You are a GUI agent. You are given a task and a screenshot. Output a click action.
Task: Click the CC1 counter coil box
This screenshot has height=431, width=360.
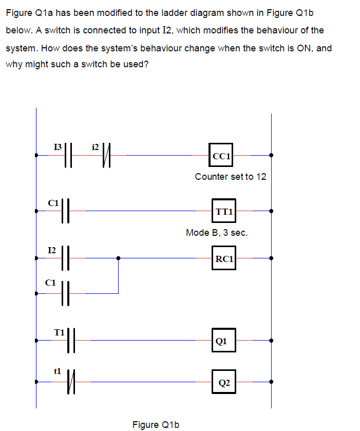pos(221,155)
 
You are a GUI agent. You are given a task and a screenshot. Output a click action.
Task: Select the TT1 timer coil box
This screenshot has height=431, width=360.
pos(224,211)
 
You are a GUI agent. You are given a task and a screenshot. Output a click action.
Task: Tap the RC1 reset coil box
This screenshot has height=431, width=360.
pos(224,258)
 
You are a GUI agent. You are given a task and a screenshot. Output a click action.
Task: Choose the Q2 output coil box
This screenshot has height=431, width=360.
pos(223,382)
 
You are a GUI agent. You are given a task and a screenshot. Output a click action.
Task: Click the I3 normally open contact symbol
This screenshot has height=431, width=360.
pos(70,155)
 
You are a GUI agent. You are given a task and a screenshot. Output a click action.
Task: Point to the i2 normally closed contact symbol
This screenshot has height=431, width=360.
pos(107,155)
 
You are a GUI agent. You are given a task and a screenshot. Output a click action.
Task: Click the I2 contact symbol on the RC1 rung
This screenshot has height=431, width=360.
pos(65,258)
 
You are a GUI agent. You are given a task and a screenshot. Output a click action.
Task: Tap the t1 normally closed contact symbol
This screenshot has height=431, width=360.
pos(72,382)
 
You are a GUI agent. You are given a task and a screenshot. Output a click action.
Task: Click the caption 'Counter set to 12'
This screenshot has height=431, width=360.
pos(231,177)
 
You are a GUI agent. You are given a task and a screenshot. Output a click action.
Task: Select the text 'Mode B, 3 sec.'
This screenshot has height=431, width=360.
pos(217,233)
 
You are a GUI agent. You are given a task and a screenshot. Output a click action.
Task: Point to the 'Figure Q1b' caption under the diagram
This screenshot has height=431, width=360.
pos(156,424)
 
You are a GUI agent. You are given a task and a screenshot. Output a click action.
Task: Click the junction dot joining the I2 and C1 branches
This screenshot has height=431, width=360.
pos(119,258)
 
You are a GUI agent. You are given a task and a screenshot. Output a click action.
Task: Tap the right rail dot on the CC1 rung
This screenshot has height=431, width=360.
pos(271,155)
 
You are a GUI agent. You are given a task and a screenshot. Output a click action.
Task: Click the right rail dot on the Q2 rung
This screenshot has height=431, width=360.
pos(271,382)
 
